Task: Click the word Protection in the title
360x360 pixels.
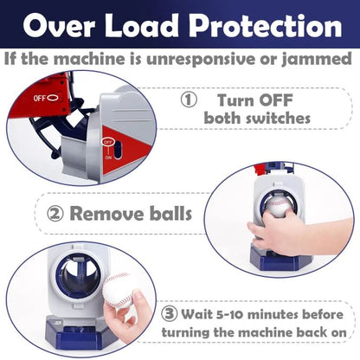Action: click(266, 26)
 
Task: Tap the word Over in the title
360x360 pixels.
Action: click(59, 26)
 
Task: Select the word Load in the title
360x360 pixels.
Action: click(142, 26)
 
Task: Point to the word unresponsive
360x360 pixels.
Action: click(201, 60)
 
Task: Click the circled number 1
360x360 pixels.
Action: click(189, 100)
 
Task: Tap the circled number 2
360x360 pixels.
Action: click(55, 214)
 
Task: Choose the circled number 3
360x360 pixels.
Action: click(170, 314)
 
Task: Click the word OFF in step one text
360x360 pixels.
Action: click(276, 100)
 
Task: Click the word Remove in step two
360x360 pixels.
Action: click(106, 214)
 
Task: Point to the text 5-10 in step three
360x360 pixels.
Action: click(229, 314)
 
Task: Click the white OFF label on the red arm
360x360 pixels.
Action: click(40, 99)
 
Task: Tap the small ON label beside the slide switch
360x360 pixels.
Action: click(108, 157)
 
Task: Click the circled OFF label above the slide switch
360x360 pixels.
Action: click(108, 142)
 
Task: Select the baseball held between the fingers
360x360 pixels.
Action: click(119, 290)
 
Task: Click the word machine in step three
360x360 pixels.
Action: click(265, 332)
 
